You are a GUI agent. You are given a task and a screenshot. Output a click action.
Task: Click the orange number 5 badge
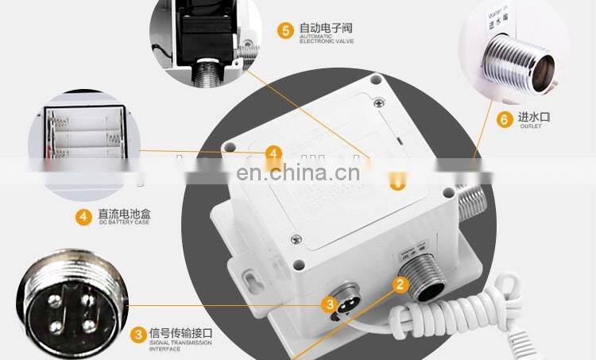[285, 30]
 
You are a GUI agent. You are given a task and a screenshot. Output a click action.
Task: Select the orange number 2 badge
[401, 282]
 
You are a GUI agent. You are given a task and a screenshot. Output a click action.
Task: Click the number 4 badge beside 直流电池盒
[83, 215]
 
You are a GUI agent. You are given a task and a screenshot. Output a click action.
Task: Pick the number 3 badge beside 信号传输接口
[138, 334]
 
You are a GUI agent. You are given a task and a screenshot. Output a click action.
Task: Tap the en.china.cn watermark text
[298, 173]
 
